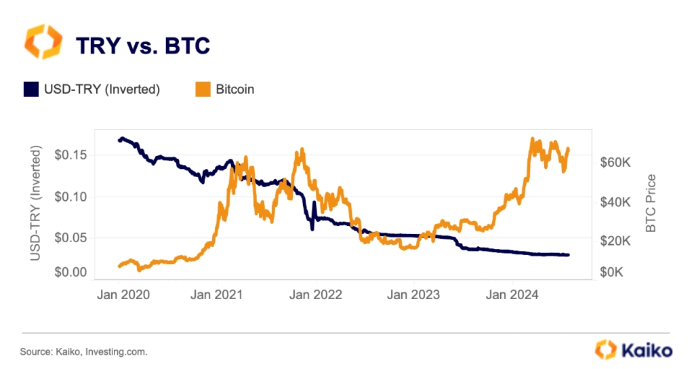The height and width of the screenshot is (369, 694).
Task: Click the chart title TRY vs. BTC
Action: pyautogui.click(x=142, y=45)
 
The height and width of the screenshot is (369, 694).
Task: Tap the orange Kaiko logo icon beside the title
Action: pyautogui.click(x=43, y=42)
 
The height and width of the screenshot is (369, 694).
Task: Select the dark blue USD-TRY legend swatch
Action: pyautogui.click(x=31, y=89)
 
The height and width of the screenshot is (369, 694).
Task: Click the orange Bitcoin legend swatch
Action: pyautogui.click(x=202, y=89)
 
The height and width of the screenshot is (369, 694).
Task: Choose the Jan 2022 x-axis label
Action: pyautogui.click(x=315, y=295)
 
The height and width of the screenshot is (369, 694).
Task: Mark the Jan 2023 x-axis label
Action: pyautogui.click(x=413, y=295)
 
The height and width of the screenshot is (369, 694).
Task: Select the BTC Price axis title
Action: pyautogui.click(x=651, y=203)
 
